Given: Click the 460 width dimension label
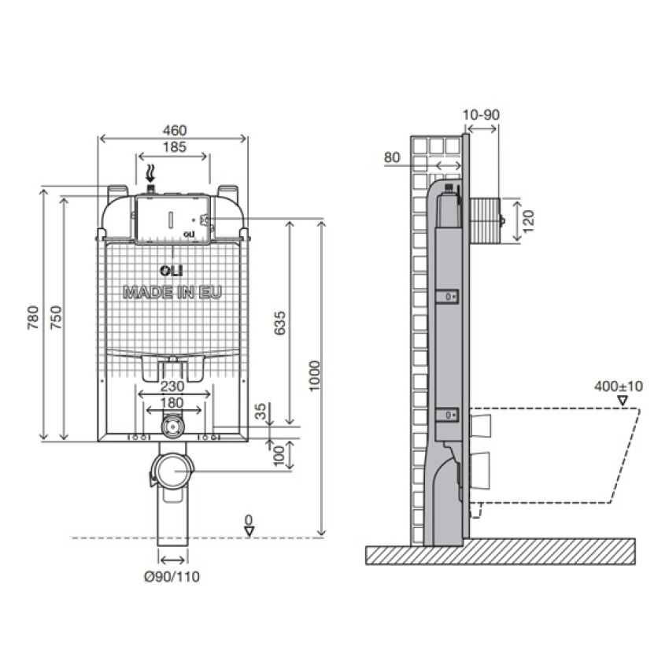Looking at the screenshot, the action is pyautogui.click(x=175, y=130).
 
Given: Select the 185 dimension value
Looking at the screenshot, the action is pyautogui.click(x=175, y=147).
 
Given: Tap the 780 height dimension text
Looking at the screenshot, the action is pyautogui.click(x=33, y=317).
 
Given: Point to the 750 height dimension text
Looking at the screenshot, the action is pyautogui.click(x=56, y=317).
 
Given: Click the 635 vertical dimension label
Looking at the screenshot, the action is pyautogui.click(x=279, y=323).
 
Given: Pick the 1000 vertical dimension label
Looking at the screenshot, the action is pyautogui.click(x=315, y=376).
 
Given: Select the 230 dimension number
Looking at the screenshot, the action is pyautogui.click(x=172, y=386).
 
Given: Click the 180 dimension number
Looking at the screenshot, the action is pyautogui.click(x=172, y=403).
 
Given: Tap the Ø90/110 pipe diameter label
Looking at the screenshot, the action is pyautogui.click(x=172, y=577).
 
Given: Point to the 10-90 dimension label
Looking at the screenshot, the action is pyautogui.click(x=481, y=115).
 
